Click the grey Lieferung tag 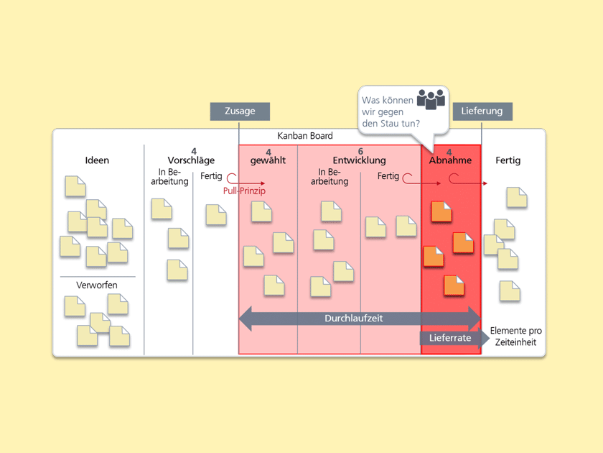pyautogui.click(x=482, y=111)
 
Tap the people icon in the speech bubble pyautogui.click(x=431, y=99)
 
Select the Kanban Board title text pyautogui.click(x=305, y=136)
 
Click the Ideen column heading pyautogui.click(x=97, y=160)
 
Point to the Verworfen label pyautogui.click(x=97, y=285)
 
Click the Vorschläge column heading pyautogui.click(x=191, y=160)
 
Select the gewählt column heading pyautogui.click(x=268, y=160)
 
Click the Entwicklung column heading pyautogui.click(x=359, y=160)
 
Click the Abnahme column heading pyautogui.click(x=451, y=160)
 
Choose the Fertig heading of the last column pyautogui.click(x=508, y=160)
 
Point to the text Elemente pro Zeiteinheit pyautogui.click(x=515, y=337)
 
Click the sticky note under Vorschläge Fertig pyautogui.click(x=215, y=214)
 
